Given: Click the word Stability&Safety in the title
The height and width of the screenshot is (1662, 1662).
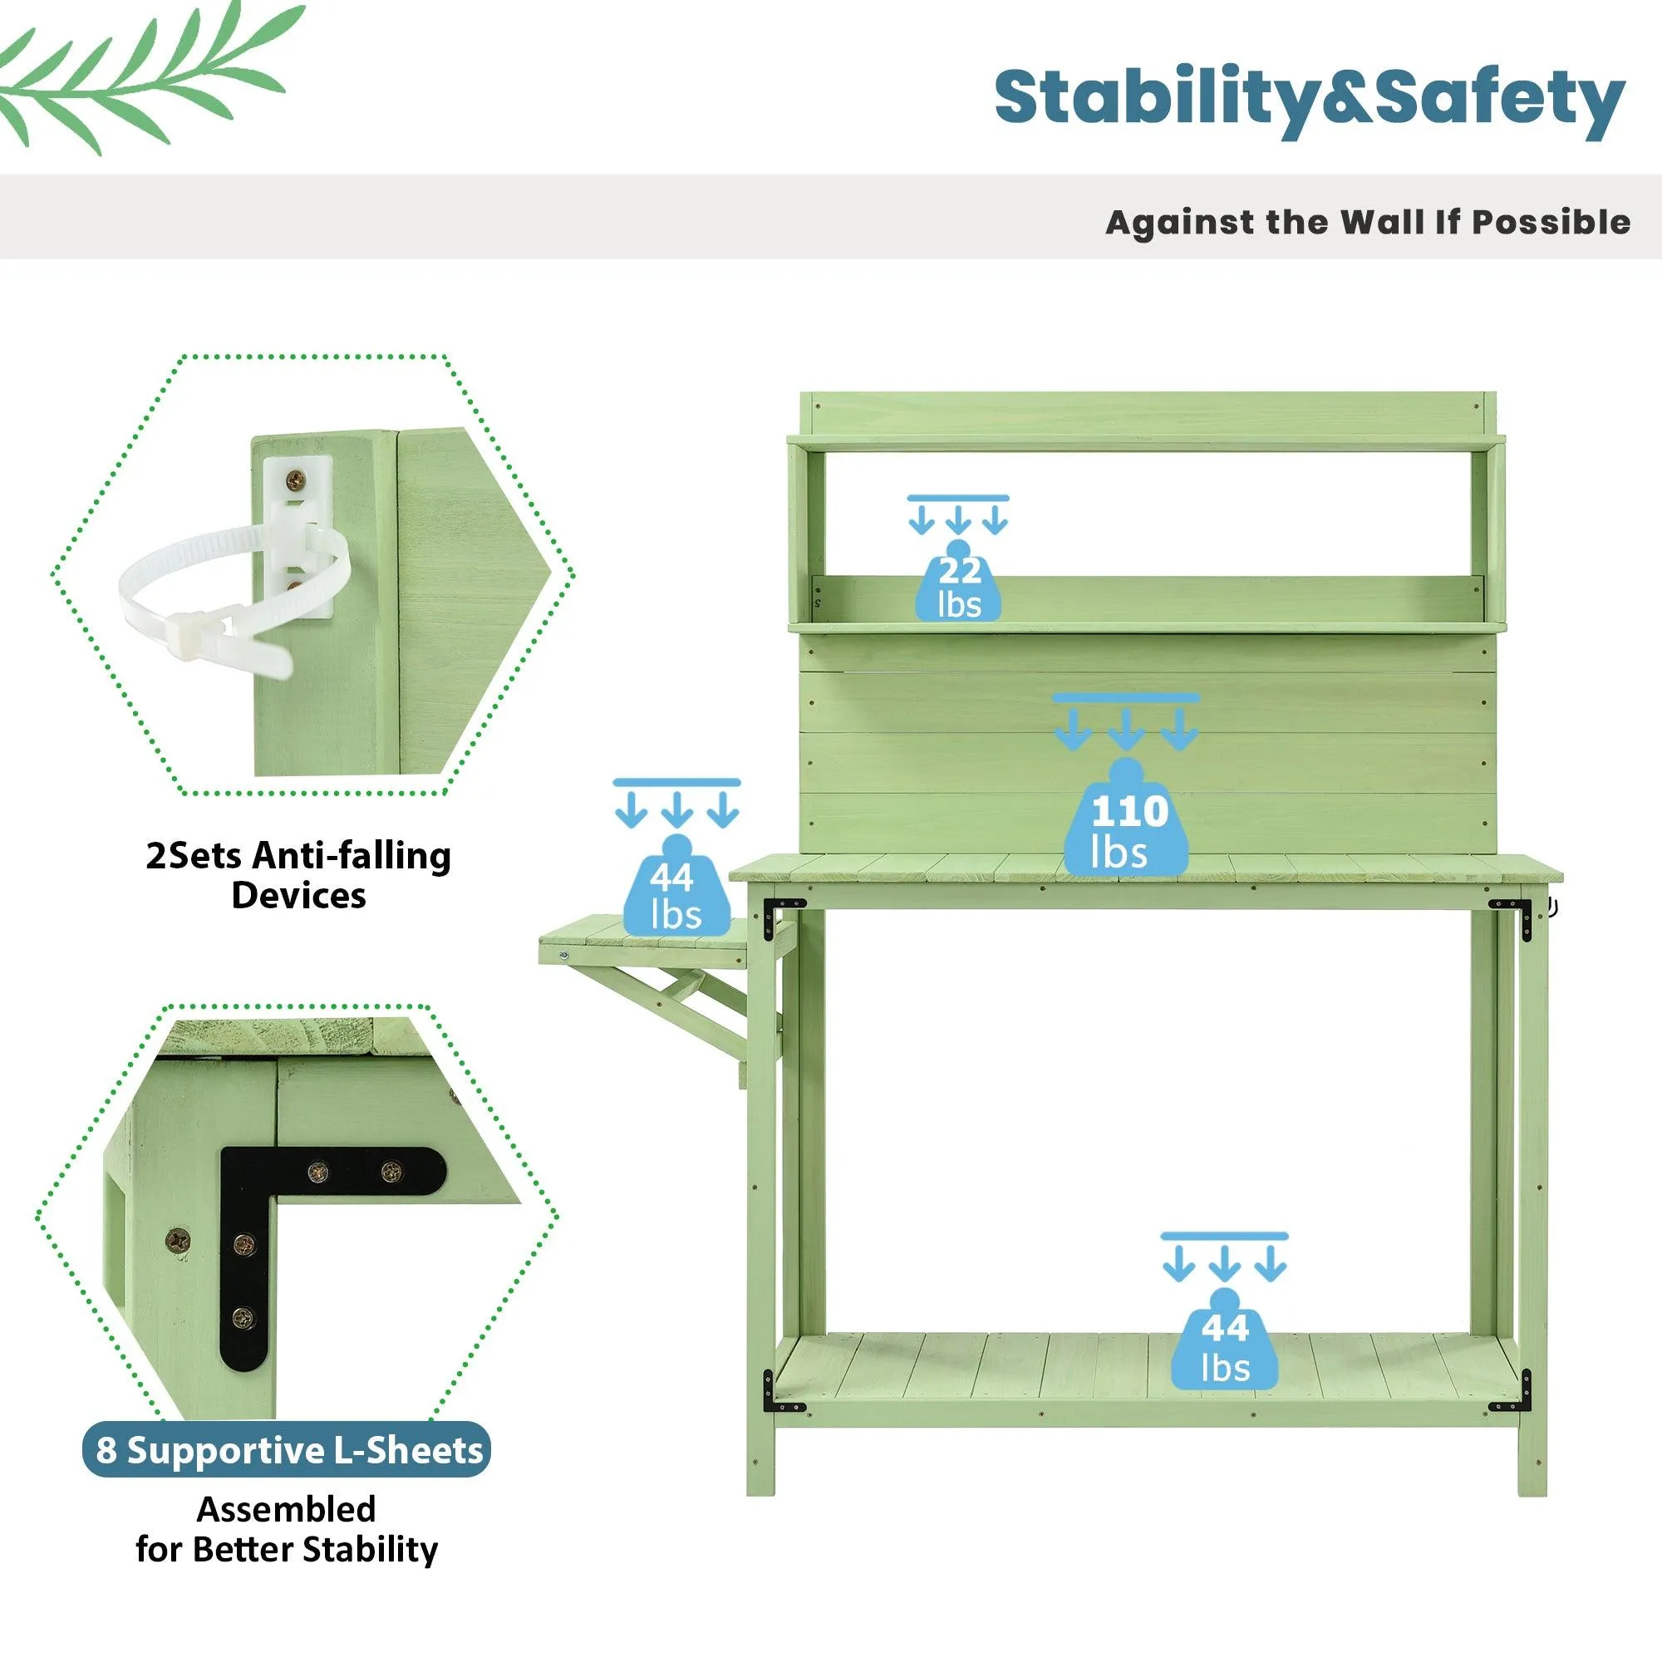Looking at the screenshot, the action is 1309,101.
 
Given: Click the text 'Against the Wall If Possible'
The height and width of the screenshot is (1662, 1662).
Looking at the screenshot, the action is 1368,222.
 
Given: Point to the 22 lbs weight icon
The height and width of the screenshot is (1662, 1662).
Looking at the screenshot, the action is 957,581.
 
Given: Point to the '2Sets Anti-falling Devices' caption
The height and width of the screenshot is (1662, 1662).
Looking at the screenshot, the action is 298,875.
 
